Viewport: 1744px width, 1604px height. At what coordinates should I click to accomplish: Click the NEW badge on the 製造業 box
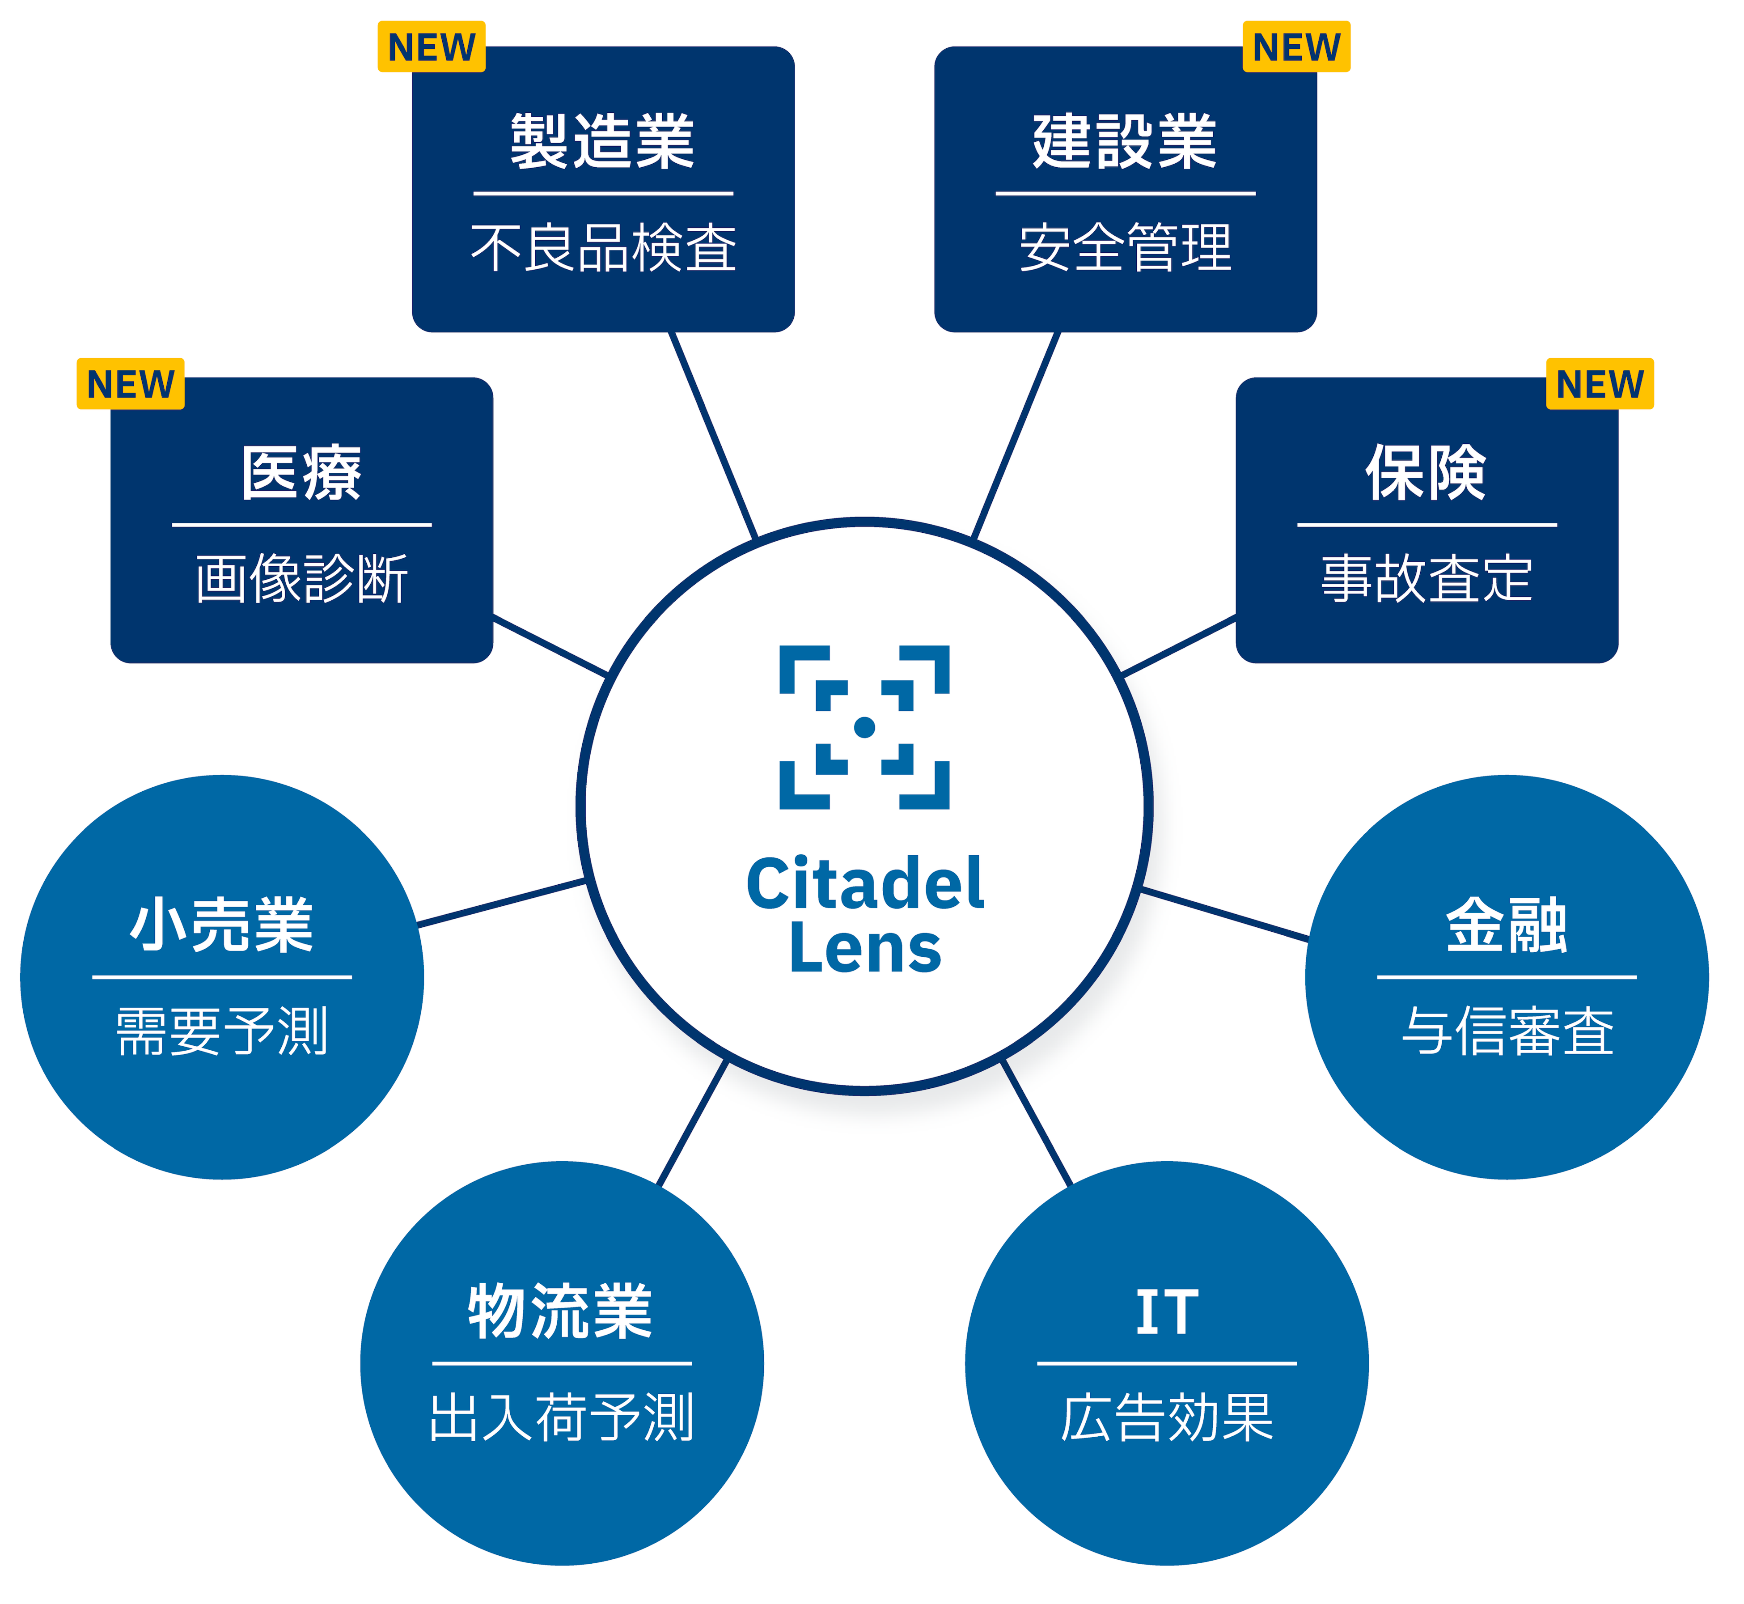(431, 47)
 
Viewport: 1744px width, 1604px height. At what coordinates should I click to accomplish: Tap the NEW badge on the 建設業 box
(1296, 47)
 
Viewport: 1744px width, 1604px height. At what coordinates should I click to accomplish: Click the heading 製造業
(603, 141)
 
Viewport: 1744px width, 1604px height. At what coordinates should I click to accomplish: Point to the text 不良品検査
(603, 248)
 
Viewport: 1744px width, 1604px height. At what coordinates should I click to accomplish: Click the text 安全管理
(1126, 248)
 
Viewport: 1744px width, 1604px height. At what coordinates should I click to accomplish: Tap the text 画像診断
(302, 579)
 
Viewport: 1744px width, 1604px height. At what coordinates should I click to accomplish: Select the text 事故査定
(1427, 579)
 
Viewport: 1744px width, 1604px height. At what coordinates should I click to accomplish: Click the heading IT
(1167, 1311)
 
